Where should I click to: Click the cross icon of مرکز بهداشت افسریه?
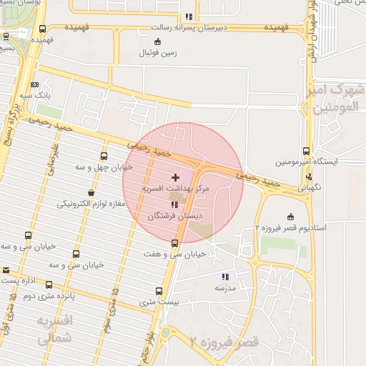pos(176,177)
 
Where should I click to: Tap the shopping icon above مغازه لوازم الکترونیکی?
pos(91,192)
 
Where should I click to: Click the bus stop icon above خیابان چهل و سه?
pos(104,157)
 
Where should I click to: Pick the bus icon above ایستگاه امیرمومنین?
pos(307,152)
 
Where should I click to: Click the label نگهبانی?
pos(310,187)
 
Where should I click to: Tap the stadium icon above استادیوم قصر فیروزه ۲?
pos(290,217)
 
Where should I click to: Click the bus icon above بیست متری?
pos(158,291)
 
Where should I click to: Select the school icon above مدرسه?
pos(225,277)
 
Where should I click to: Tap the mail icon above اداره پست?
pos(6,270)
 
